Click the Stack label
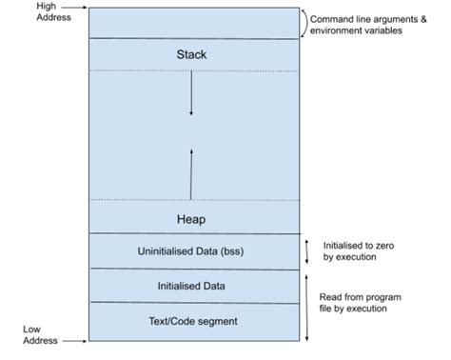click(191, 54)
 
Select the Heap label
click(191, 219)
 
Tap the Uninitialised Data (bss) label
click(191, 251)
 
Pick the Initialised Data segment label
click(191, 285)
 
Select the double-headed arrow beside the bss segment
click(305, 251)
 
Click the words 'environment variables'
click(357, 30)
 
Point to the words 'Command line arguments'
click(371, 17)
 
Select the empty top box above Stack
click(191, 23)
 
